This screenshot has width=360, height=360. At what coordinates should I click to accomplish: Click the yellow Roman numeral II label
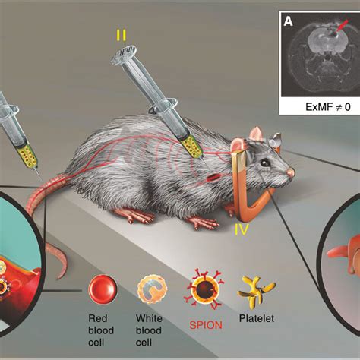[x=122, y=34]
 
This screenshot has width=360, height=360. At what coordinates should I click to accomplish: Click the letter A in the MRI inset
[x=289, y=21]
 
